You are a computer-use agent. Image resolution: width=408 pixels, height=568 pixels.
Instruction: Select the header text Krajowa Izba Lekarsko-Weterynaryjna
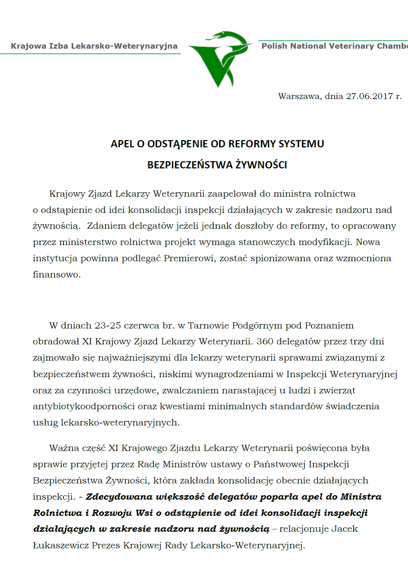[94, 46]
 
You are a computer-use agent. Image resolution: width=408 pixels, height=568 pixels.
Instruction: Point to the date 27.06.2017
[369, 96]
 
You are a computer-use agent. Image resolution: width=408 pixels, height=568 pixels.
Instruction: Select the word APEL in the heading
[123, 144]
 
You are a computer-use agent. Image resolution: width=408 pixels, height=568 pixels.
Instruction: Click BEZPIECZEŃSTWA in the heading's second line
[190, 165]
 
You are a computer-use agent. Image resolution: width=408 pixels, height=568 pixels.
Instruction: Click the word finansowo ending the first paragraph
[56, 275]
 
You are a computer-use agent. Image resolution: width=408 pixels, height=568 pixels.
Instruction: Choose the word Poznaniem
[329, 325]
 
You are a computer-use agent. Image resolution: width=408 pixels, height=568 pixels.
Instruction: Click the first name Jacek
[345, 529]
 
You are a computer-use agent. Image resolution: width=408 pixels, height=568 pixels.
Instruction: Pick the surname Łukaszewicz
[61, 546]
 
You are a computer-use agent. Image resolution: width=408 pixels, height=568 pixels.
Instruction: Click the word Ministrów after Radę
[185, 464]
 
